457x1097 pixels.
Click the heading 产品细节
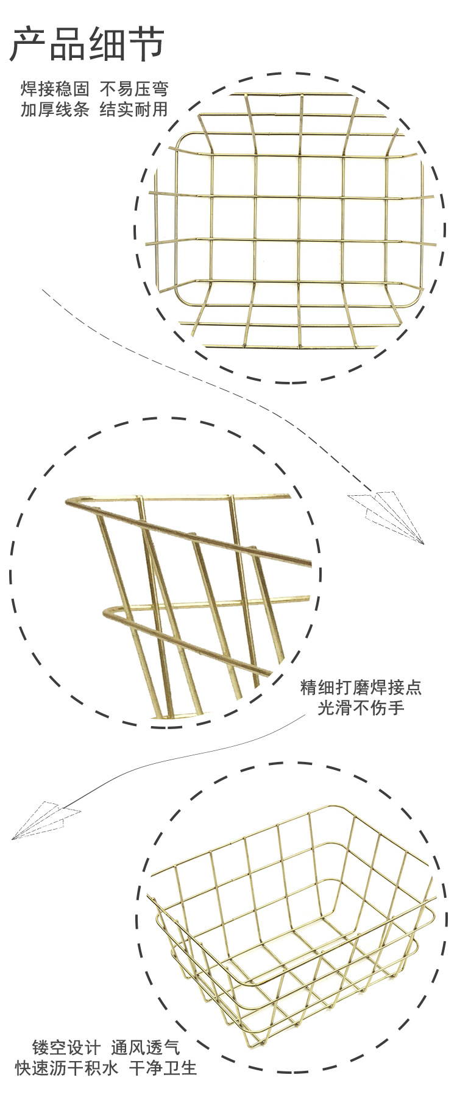[87, 44]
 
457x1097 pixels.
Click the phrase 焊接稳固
[55, 90]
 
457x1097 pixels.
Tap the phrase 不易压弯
[134, 90]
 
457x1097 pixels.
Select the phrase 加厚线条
[55, 110]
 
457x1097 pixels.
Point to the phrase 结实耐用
[134, 110]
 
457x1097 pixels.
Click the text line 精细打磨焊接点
[361, 688]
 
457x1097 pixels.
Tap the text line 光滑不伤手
[361, 708]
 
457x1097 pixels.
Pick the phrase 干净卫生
[163, 1068]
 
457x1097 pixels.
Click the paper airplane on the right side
[386, 515]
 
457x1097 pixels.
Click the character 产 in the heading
[28, 44]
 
